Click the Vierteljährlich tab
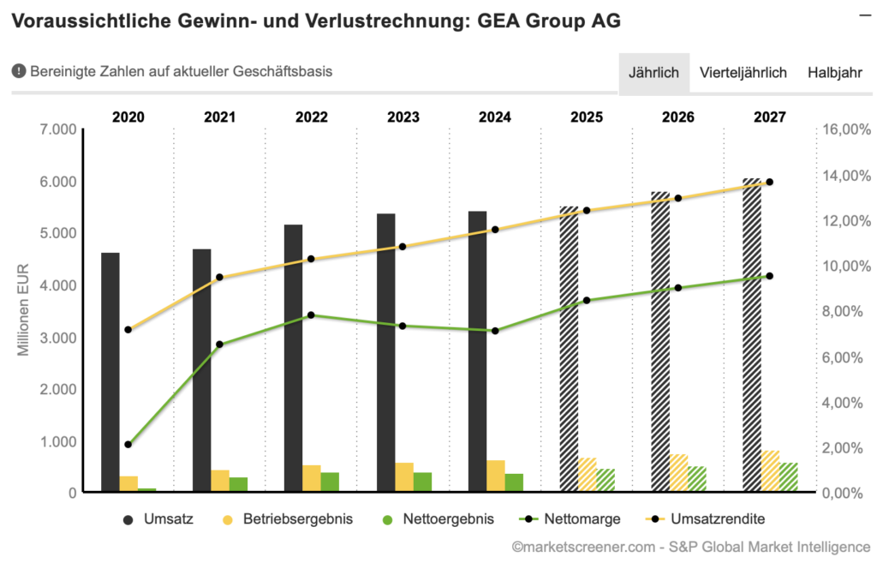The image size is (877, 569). coord(743,72)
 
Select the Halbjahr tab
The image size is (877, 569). coord(834,72)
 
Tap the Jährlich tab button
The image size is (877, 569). coord(653,72)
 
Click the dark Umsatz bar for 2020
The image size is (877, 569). coord(110,373)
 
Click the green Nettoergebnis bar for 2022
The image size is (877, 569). coord(330,482)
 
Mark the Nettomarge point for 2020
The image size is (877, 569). coord(128,445)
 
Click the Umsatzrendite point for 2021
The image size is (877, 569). coord(219,278)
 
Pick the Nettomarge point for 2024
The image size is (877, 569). coord(494,331)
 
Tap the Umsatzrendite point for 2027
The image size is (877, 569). coord(769,182)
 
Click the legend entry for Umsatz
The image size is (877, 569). coord(158,519)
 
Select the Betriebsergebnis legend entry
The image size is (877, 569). coord(286,519)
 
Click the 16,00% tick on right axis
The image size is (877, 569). coord(847,129)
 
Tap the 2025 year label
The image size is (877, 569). coord(587,117)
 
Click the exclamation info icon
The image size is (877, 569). coord(18,71)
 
